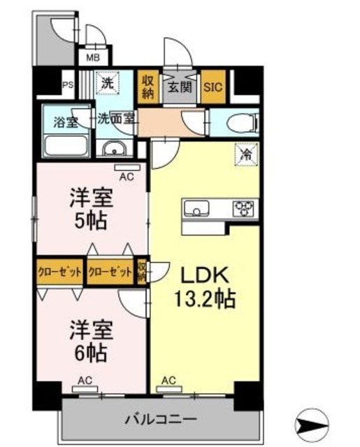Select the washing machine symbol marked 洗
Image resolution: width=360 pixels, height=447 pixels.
point(107,82)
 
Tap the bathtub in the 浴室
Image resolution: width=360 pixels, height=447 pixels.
point(65,147)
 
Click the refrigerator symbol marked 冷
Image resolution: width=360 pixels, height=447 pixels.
point(246,150)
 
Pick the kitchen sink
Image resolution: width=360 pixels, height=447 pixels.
point(195,207)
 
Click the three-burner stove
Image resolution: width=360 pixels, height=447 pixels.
point(245,207)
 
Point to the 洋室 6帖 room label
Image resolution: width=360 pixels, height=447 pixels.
point(87,340)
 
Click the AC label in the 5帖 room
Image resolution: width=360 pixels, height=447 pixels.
point(126,177)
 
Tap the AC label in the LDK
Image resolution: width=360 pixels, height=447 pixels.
point(168,381)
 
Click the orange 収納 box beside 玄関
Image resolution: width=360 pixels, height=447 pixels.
point(148,87)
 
